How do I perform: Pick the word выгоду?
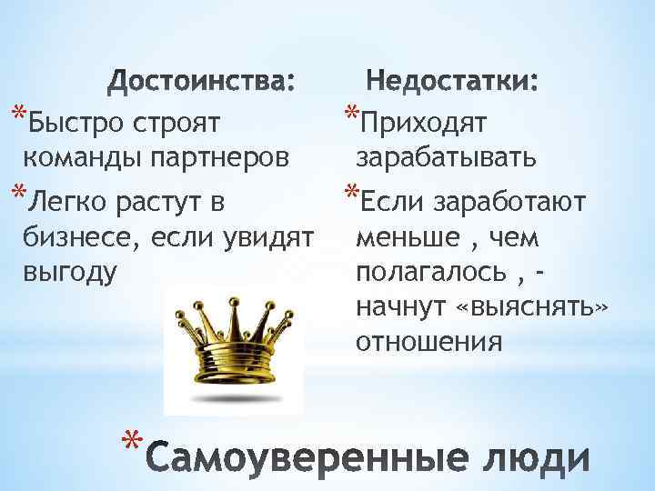[70, 274]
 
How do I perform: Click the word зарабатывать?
[446, 157]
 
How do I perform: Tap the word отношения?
[428, 344]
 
